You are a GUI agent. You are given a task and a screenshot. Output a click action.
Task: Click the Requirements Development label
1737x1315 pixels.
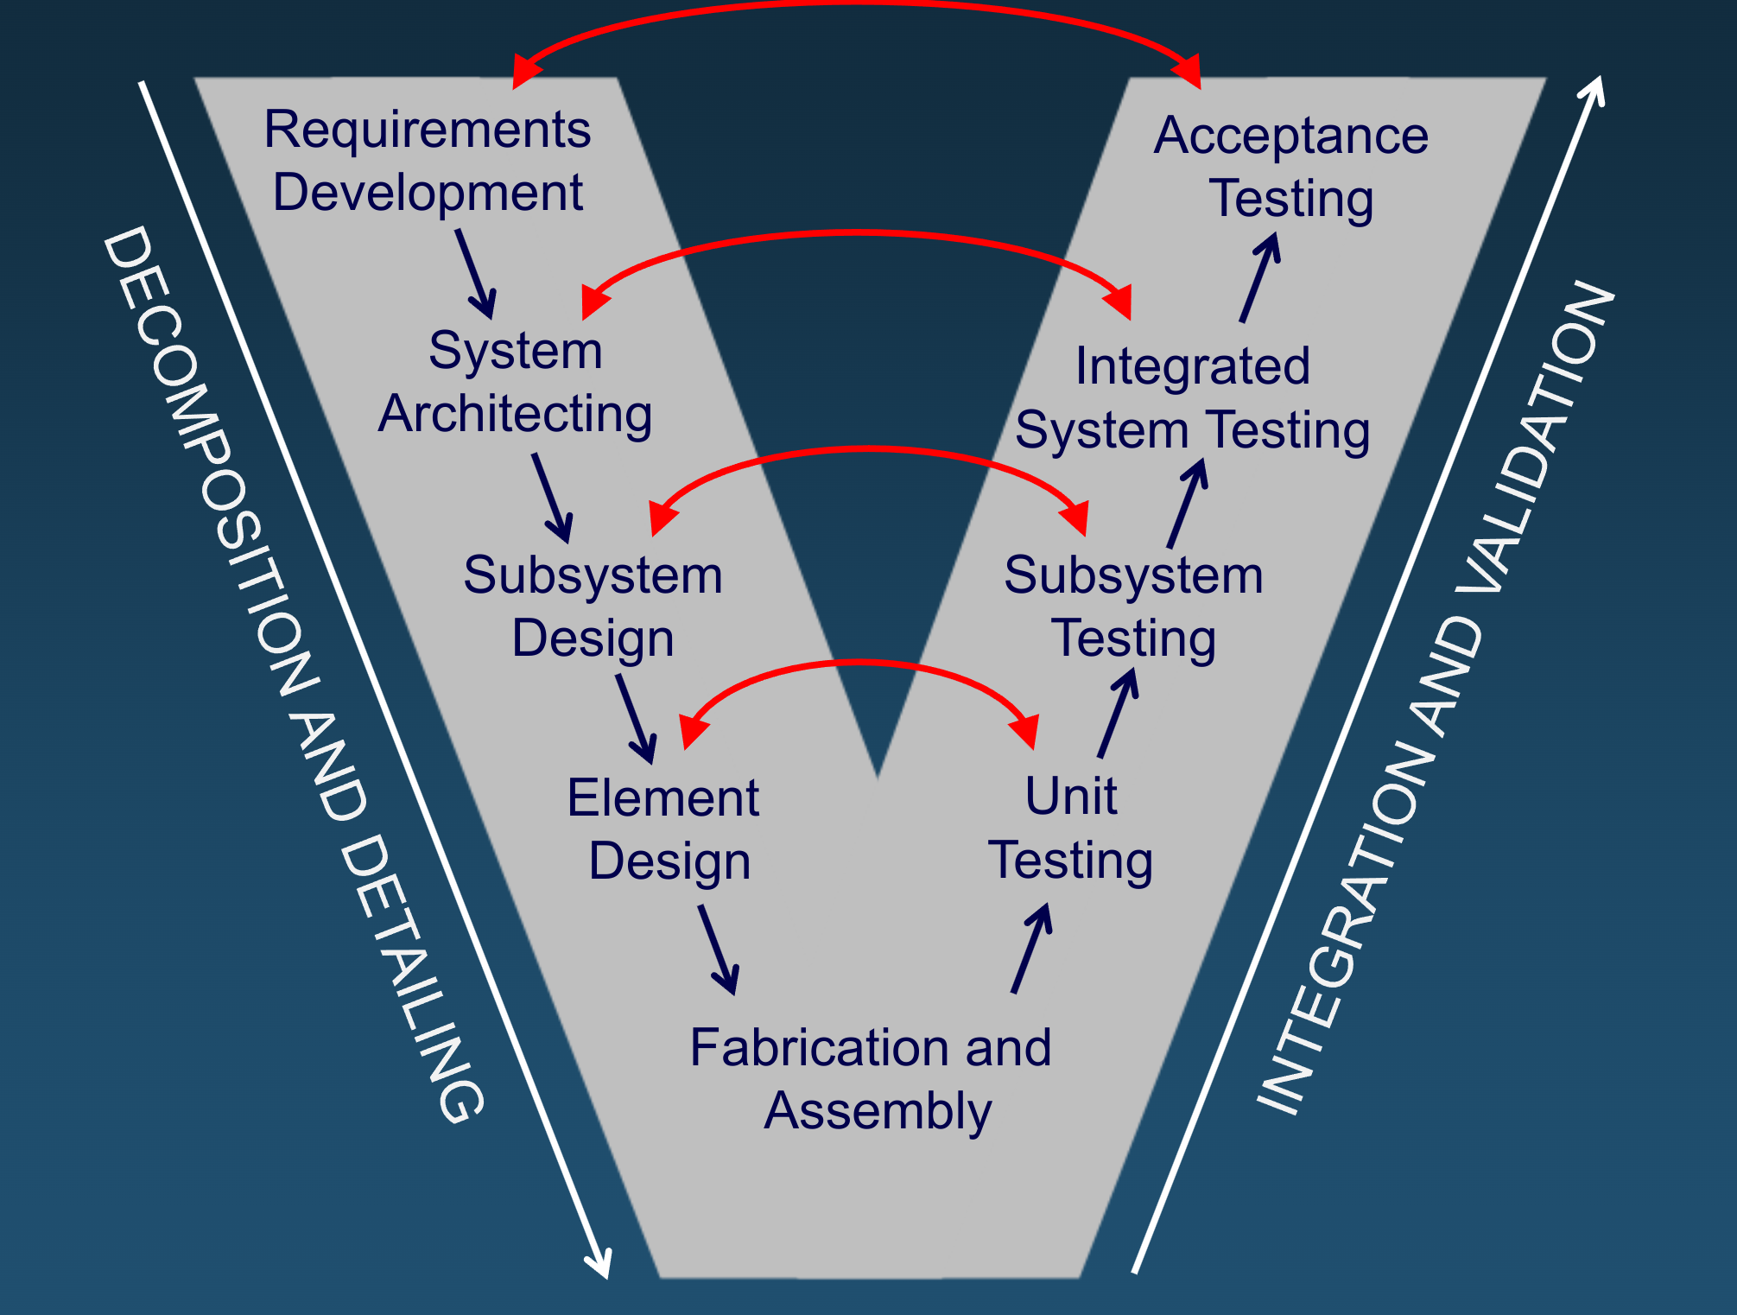(x=428, y=161)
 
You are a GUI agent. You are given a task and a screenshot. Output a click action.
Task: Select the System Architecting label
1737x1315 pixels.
(x=516, y=382)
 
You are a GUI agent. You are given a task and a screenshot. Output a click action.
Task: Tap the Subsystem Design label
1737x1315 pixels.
(x=593, y=607)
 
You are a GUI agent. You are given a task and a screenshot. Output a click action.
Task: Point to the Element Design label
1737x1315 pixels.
(x=664, y=829)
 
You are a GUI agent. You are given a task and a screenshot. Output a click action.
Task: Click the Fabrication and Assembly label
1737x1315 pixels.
(x=872, y=1078)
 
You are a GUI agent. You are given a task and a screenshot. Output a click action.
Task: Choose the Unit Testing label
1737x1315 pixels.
(x=1071, y=828)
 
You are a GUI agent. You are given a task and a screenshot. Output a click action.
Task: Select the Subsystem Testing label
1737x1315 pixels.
(x=1133, y=607)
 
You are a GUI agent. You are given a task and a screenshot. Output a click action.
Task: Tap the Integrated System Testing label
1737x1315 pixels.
(x=1192, y=397)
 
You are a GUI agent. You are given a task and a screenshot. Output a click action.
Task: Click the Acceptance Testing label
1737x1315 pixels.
(x=1291, y=167)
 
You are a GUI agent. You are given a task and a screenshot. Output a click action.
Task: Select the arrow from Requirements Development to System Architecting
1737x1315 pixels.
(x=477, y=275)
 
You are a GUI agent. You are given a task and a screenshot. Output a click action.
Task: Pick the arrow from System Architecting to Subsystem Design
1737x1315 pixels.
(x=553, y=499)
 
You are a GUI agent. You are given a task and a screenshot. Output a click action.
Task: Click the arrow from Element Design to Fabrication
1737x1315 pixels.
(x=719, y=950)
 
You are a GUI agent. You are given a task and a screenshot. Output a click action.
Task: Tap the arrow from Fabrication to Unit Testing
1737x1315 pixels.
(x=1031, y=949)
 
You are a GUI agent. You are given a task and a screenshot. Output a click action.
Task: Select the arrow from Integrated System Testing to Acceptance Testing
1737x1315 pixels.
(x=1259, y=278)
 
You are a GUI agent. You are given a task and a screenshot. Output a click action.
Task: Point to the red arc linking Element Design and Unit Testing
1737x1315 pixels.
(x=859, y=664)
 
